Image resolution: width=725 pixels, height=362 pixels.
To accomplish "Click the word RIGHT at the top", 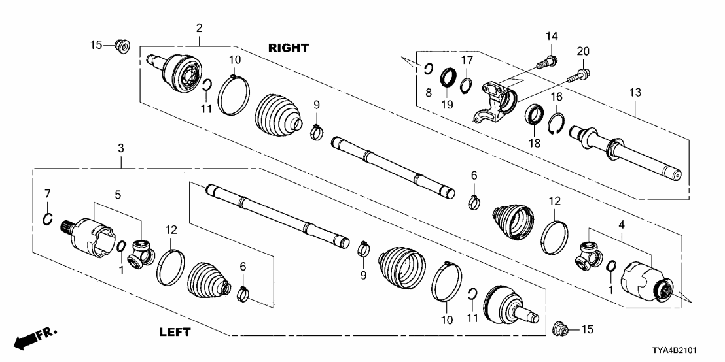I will pos(288,48).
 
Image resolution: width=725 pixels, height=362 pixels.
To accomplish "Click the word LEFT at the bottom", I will pos(175,332).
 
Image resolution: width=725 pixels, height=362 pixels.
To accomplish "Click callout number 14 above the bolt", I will pos(551,35).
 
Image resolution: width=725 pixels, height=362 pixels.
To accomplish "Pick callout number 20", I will pos(583,51).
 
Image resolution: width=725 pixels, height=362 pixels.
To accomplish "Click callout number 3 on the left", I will pos(120,150).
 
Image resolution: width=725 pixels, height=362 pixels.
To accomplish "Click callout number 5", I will pos(118,194).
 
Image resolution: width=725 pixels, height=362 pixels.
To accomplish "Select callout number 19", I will pos(449,103).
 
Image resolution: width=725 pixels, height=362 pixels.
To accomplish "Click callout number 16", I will pos(556,97).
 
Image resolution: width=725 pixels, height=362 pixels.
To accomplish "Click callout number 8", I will pos(429,93).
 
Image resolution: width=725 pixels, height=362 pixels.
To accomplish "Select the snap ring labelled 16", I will pos(556,123).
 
